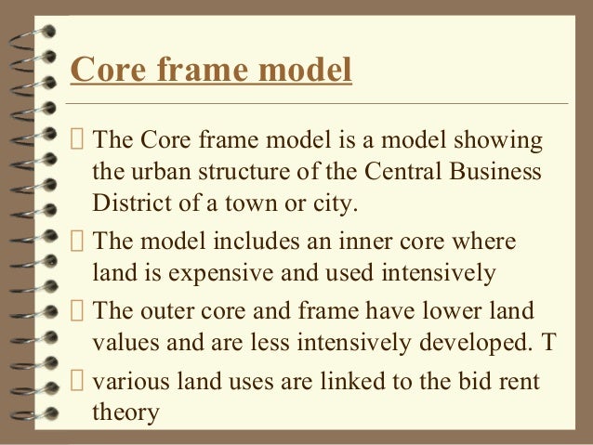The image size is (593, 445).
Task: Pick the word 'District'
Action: (x=127, y=203)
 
